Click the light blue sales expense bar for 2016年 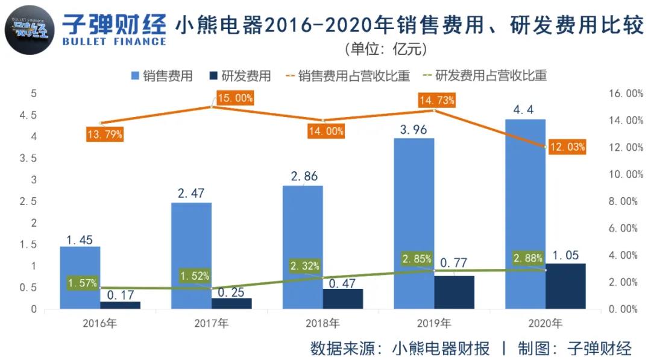[x=80, y=277]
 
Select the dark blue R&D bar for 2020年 [x=565, y=286]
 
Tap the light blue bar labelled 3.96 [x=414, y=223]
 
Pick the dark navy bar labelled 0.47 [x=342, y=298]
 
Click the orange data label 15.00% [x=236, y=98]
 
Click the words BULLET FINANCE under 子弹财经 [x=114, y=42]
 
